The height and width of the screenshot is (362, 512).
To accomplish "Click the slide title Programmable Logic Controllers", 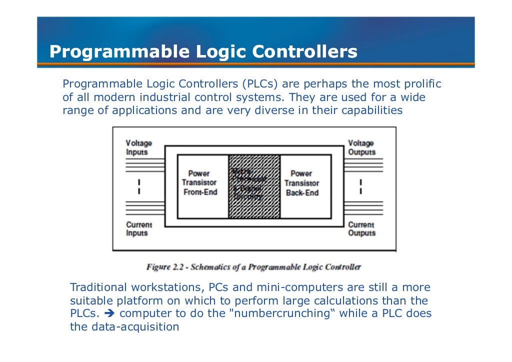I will pos(203,52).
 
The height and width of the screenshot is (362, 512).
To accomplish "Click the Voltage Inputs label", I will pos(138,147).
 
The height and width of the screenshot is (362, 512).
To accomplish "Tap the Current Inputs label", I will pos(138,229).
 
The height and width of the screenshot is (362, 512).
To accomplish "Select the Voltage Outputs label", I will pos(361,147).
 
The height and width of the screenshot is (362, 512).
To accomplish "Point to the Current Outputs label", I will pos(361,229).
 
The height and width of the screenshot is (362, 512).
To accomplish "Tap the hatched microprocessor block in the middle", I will pos(254,186).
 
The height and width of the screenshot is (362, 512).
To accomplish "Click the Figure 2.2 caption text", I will pos(253,267).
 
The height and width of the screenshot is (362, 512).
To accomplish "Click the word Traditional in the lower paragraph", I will pos(98,287).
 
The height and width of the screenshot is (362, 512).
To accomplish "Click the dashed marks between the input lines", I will pos(139,186).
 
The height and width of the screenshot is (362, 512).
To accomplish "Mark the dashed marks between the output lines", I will pos(360,186).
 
